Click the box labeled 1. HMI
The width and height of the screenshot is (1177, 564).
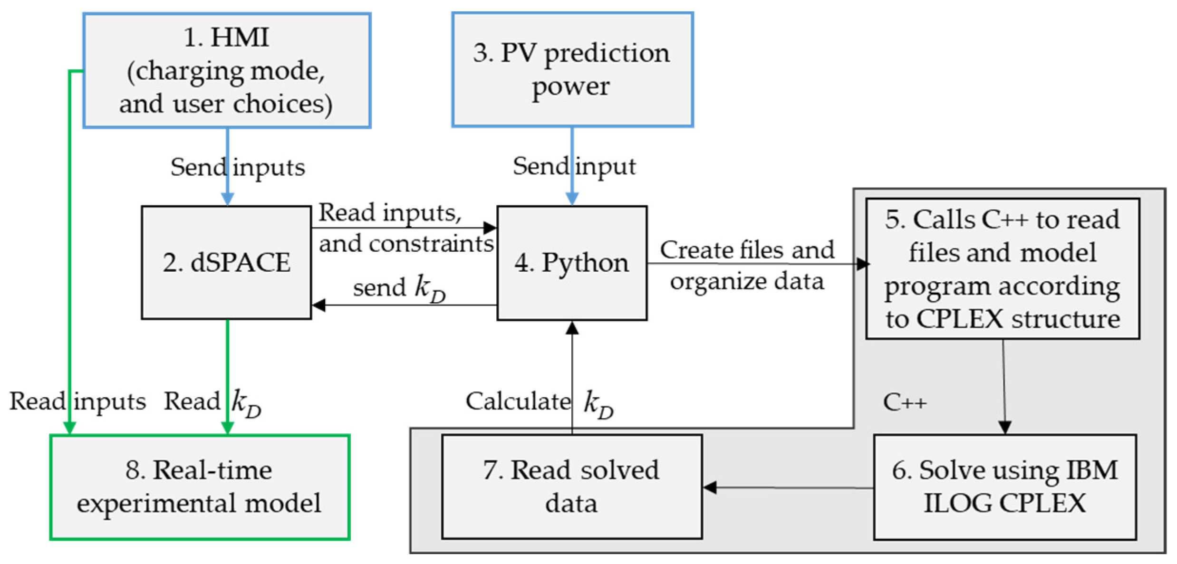coord(227,70)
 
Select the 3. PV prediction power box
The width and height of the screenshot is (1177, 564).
coord(572,69)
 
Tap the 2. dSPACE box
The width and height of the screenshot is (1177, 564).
coord(226,262)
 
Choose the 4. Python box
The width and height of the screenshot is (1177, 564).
coord(571,263)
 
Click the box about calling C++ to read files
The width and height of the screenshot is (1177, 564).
coord(1002,268)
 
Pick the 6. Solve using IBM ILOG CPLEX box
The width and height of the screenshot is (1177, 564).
coord(1004,487)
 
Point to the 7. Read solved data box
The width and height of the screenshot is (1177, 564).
coord(571,487)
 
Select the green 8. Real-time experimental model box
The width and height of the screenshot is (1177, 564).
coord(200,487)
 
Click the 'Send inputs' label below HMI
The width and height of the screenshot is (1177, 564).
coord(238,167)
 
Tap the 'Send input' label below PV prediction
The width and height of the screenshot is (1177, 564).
coord(574,166)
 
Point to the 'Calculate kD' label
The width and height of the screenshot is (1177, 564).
coord(539,403)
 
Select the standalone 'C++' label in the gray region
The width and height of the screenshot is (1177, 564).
coord(905,402)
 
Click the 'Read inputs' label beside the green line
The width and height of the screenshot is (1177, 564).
coord(77,401)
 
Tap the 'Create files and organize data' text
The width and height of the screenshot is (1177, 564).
coord(746,265)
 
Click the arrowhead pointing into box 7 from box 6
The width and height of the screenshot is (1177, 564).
coord(710,488)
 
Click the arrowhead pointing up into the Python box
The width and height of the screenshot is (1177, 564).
coord(572,327)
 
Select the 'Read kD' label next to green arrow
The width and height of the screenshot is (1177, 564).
coord(212,402)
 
